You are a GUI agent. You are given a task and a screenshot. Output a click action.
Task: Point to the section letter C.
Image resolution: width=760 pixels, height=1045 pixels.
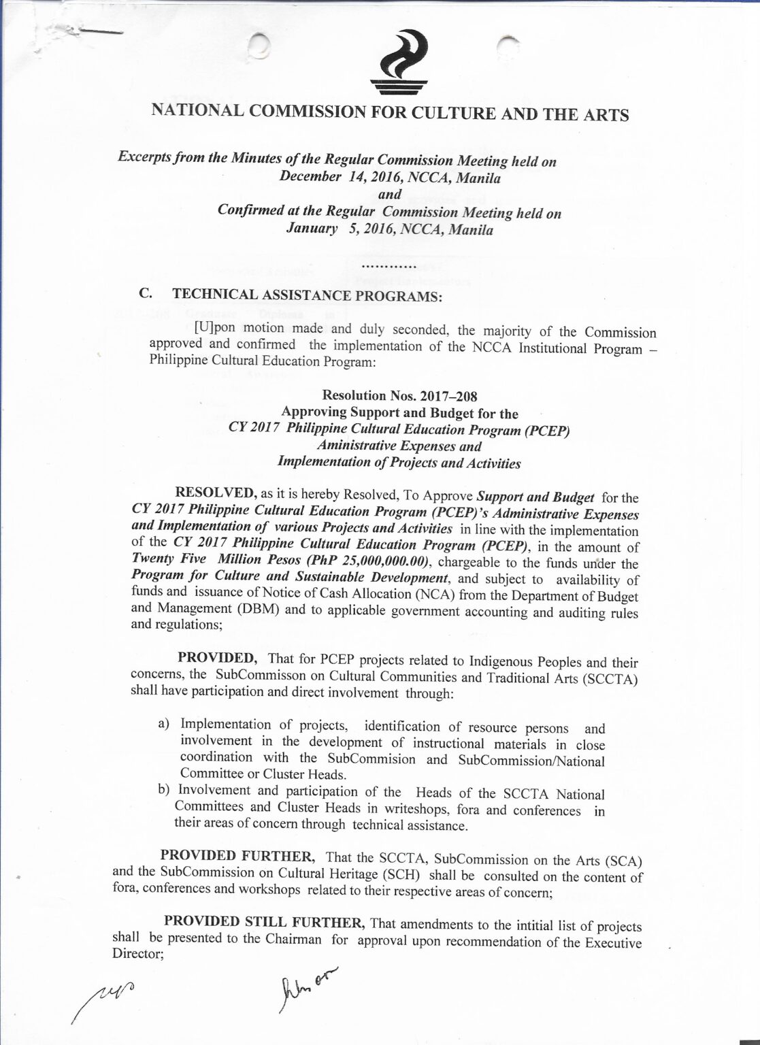(x=144, y=294)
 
